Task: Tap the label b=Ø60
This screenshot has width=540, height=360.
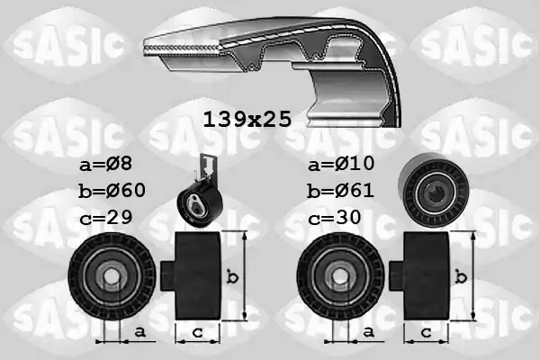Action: (x=112, y=192)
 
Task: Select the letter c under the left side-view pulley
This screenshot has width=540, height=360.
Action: (x=194, y=331)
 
